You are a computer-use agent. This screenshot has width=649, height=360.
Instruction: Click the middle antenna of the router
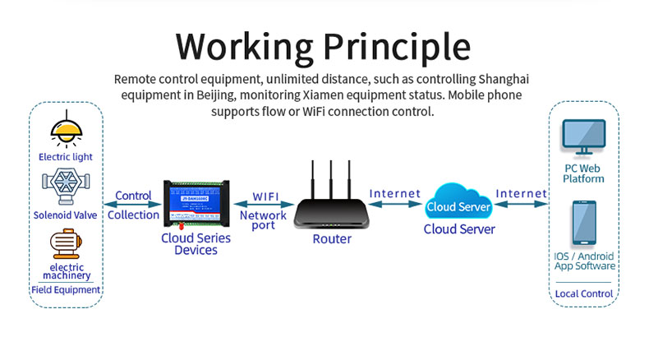click(332, 181)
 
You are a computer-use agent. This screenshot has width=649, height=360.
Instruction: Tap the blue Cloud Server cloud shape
click(458, 205)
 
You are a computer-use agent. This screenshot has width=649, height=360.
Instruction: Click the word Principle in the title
click(403, 47)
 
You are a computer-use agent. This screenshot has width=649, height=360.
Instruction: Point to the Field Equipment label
click(66, 289)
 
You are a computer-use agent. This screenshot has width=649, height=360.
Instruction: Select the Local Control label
click(584, 293)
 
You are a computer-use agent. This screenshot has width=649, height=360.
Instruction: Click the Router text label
click(332, 239)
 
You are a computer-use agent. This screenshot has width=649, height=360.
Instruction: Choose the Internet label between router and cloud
click(395, 194)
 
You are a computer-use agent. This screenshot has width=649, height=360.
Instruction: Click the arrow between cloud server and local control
click(522, 205)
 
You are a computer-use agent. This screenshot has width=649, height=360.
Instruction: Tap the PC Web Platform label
click(583, 173)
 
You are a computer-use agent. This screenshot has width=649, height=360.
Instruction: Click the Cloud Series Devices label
click(196, 244)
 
